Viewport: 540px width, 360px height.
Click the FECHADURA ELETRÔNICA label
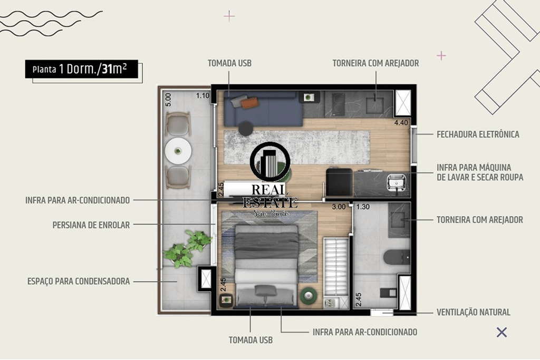coord(478,134)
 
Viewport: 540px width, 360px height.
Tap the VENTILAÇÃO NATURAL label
coord(473,312)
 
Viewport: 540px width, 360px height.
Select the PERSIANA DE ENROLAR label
coord(91,225)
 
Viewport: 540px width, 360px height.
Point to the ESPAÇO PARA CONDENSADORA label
coord(79,281)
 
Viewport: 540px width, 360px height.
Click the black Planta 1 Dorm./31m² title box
coord(82,69)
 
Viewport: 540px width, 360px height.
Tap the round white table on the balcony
coord(178,151)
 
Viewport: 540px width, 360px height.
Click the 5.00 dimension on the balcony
coord(168,100)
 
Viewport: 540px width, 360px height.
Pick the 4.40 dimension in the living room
coord(401,122)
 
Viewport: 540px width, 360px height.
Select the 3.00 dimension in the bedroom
coord(339,207)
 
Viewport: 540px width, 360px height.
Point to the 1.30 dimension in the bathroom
coord(363,207)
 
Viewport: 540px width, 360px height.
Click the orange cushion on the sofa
coord(249,103)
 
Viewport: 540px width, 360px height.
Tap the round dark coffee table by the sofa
coord(246,129)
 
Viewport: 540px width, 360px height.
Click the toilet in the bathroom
coord(397,257)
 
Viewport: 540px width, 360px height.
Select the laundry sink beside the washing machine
coord(397,182)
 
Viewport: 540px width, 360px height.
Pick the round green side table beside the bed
coord(308,295)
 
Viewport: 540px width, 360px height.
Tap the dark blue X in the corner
coord(502,332)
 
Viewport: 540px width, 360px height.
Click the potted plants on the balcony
coord(188,248)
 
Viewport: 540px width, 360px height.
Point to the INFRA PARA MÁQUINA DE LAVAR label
coord(480,172)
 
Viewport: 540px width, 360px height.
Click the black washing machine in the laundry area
coord(339,182)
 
